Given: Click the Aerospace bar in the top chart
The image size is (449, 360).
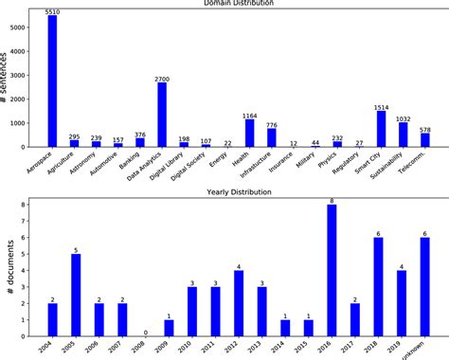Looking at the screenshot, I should (x=52, y=81).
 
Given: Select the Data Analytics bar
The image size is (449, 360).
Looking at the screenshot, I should (x=162, y=115).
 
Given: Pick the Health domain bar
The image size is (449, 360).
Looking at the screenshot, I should (x=250, y=133).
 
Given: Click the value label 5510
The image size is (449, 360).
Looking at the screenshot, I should (x=52, y=10).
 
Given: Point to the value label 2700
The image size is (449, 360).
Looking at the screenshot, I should (x=162, y=78).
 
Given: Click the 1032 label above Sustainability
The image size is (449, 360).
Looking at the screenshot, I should (x=403, y=117).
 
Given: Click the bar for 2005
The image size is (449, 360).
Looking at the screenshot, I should (x=75, y=294).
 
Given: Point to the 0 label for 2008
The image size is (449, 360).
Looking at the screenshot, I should (x=145, y=332).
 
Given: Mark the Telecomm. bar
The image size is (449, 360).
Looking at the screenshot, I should (x=424, y=139).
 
